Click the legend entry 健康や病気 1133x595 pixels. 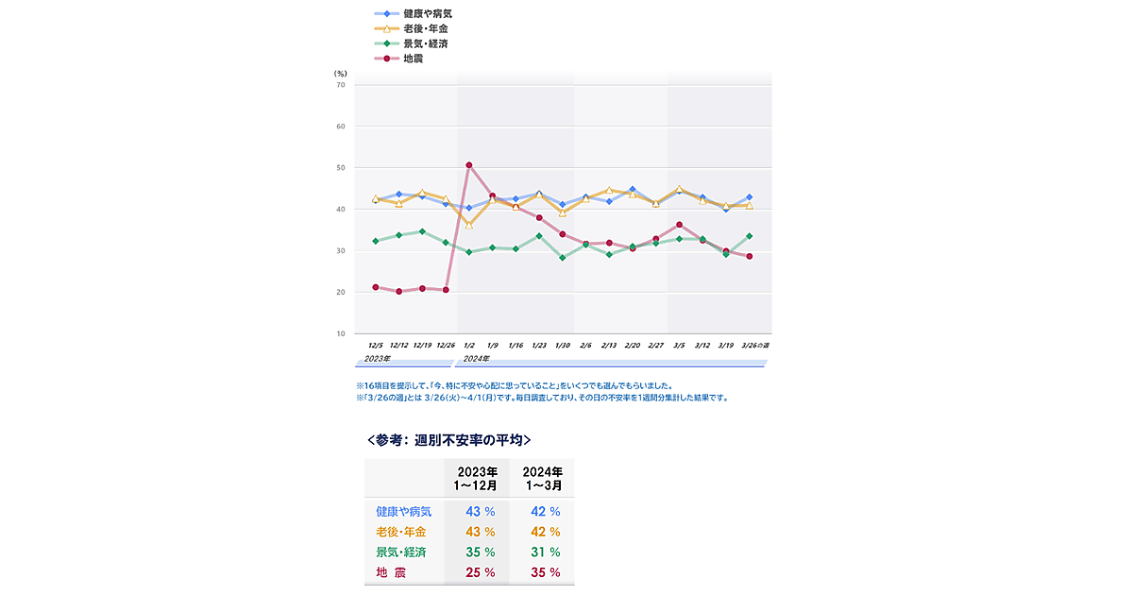pyautogui.click(x=420, y=14)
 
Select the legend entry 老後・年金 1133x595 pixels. pyautogui.click(x=418, y=29)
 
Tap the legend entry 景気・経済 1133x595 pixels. pyautogui.click(x=418, y=43)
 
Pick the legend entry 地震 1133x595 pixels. pyautogui.click(x=413, y=59)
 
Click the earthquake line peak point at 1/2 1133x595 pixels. pyautogui.click(x=469, y=165)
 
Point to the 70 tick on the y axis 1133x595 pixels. pyautogui.click(x=341, y=85)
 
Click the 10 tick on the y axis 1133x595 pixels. pyautogui.click(x=341, y=334)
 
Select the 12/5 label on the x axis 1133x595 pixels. pyautogui.click(x=376, y=347)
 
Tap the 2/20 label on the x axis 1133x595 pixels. pyautogui.click(x=633, y=347)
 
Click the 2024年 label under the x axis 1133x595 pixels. pyautogui.click(x=476, y=359)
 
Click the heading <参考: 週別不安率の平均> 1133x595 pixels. pyautogui.click(x=448, y=440)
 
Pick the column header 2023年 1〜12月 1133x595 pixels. pyautogui.click(x=477, y=478)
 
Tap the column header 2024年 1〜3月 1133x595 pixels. pyautogui.click(x=542, y=478)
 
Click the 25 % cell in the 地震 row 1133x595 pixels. pyautogui.click(x=480, y=572)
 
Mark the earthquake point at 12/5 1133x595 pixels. pyautogui.click(x=376, y=287)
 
